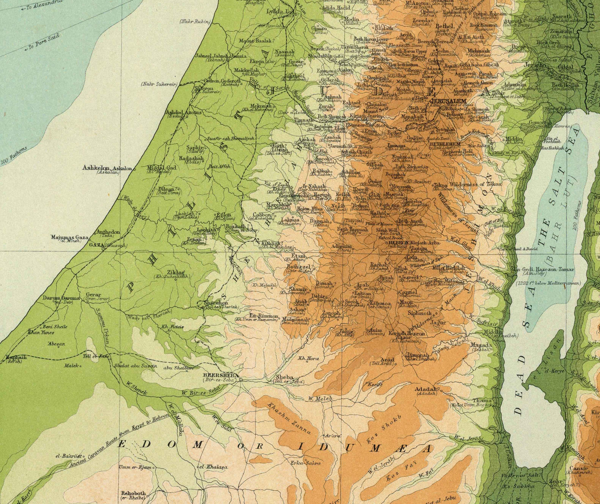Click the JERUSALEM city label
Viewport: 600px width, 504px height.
point(448,101)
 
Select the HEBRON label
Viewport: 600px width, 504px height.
point(397,242)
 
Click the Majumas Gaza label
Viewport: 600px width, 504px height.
point(69,237)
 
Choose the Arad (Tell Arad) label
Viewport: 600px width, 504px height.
point(387,360)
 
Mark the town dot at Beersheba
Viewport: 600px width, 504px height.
point(240,380)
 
